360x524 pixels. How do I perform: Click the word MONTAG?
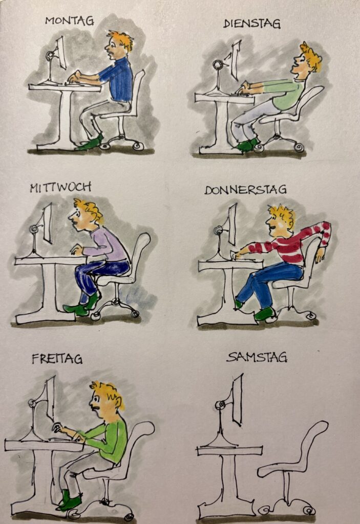click(x=70, y=20)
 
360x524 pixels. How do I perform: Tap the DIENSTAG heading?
click(x=251, y=24)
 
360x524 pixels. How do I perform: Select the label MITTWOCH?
click(x=60, y=187)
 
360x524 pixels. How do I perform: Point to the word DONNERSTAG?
click(x=245, y=190)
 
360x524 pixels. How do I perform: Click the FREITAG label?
click(x=57, y=359)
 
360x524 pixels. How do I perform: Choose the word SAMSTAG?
click(x=257, y=357)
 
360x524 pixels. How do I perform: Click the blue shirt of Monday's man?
click(x=118, y=79)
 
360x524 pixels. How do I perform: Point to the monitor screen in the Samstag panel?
click(x=238, y=400)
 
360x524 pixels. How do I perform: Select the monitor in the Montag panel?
click(x=61, y=53)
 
